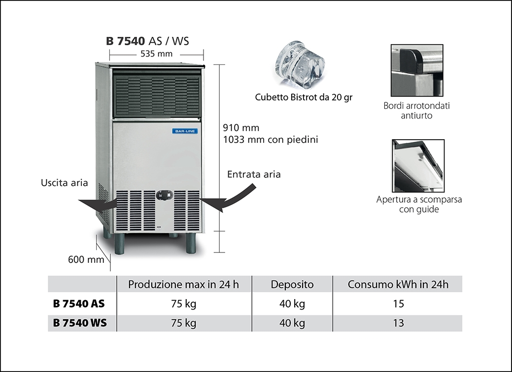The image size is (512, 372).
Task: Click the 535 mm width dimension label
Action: coord(156,54)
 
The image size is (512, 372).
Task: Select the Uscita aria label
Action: coord(64,183)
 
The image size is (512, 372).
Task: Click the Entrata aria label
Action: coord(254,174)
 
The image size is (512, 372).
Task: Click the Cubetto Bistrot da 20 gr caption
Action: coord(304,97)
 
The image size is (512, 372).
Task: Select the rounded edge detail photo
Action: coord(417,70)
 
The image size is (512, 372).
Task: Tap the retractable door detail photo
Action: coord(418,165)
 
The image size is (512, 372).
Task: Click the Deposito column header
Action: coord(292,284)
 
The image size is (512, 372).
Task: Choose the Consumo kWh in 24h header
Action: coord(398,284)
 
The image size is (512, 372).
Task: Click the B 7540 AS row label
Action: coord(79,304)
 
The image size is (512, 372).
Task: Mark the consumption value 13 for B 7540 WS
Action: coord(399,323)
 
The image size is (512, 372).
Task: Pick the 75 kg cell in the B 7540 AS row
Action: coord(183,304)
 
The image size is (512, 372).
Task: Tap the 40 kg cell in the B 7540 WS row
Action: coord(292,323)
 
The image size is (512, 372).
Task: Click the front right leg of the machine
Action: coord(191,244)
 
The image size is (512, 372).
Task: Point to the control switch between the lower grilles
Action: coord(165,195)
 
